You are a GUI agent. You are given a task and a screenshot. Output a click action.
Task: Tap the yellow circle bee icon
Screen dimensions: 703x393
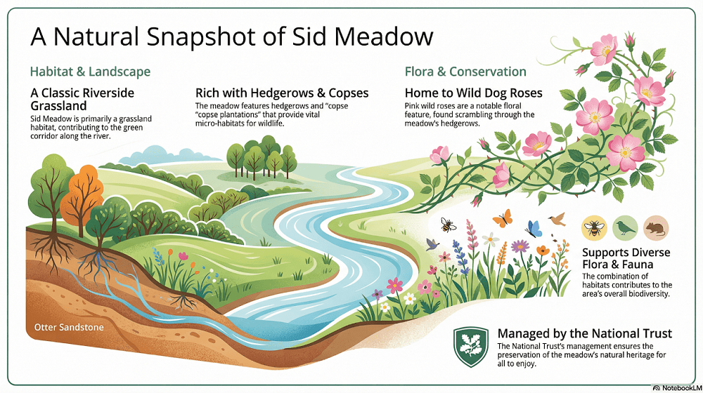(x=594, y=228)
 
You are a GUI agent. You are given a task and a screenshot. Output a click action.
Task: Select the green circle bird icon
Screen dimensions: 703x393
(x=625, y=228)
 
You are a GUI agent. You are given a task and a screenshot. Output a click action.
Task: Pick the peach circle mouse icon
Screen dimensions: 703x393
(x=656, y=228)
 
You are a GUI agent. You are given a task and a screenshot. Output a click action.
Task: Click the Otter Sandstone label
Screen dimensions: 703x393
(x=69, y=327)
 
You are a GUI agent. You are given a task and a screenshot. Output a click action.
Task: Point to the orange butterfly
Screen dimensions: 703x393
(x=502, y=218)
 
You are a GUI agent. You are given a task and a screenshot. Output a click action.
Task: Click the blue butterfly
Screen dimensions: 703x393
(x=534, y=229)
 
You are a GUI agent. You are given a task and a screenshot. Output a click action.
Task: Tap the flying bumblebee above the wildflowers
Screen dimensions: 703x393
(x=448, y=225)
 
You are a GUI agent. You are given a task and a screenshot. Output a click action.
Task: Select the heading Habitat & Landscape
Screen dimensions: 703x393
(x=90, y=72)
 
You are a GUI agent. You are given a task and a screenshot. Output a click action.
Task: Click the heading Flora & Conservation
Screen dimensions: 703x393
(x=465, y=72)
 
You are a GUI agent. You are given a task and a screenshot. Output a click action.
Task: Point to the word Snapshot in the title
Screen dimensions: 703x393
(x=202, y=36)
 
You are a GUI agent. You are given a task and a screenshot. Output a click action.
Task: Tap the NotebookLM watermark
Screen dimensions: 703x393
(x=677, y=387)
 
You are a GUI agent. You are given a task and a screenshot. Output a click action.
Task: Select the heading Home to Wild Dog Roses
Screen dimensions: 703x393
(x=473, y=93)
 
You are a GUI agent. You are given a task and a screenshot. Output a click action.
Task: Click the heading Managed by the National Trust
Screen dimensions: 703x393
(x=585, y=333)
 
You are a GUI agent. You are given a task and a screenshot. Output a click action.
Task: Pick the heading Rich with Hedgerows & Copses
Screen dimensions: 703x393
(x=282, y=93)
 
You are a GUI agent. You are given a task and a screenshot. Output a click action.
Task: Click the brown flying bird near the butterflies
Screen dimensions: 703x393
(x=557, y=218)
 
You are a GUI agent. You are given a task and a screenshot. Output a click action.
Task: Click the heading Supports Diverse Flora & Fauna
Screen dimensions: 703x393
(x=626, y=258)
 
